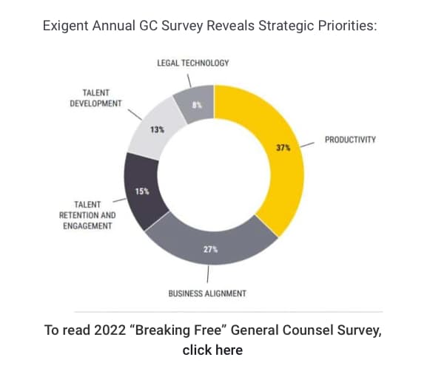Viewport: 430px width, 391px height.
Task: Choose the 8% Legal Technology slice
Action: click(196, 104)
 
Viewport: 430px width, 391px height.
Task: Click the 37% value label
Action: click(283, 148)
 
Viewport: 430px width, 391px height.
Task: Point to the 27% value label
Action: click(211, 249)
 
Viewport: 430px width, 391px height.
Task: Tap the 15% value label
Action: click(142, 191)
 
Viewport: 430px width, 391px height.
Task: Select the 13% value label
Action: click(157, 129)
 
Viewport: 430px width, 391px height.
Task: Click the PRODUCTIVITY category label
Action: click(350, 140)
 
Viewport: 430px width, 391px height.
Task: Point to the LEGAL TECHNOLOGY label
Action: click(192, 64)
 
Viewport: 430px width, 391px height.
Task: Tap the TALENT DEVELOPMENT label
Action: click(95, 98)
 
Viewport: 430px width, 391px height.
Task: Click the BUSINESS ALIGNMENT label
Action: click(207, 293)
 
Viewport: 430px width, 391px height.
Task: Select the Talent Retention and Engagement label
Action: click(87, 215)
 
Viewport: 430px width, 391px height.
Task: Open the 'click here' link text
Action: click(212, 350)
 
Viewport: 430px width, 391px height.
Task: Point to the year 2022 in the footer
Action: click(110, 330)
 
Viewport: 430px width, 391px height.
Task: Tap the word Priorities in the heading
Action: click(347, 26)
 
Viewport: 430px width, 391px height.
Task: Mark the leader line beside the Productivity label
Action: click(307, 145)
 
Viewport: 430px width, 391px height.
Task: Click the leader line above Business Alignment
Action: click(208, 274)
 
